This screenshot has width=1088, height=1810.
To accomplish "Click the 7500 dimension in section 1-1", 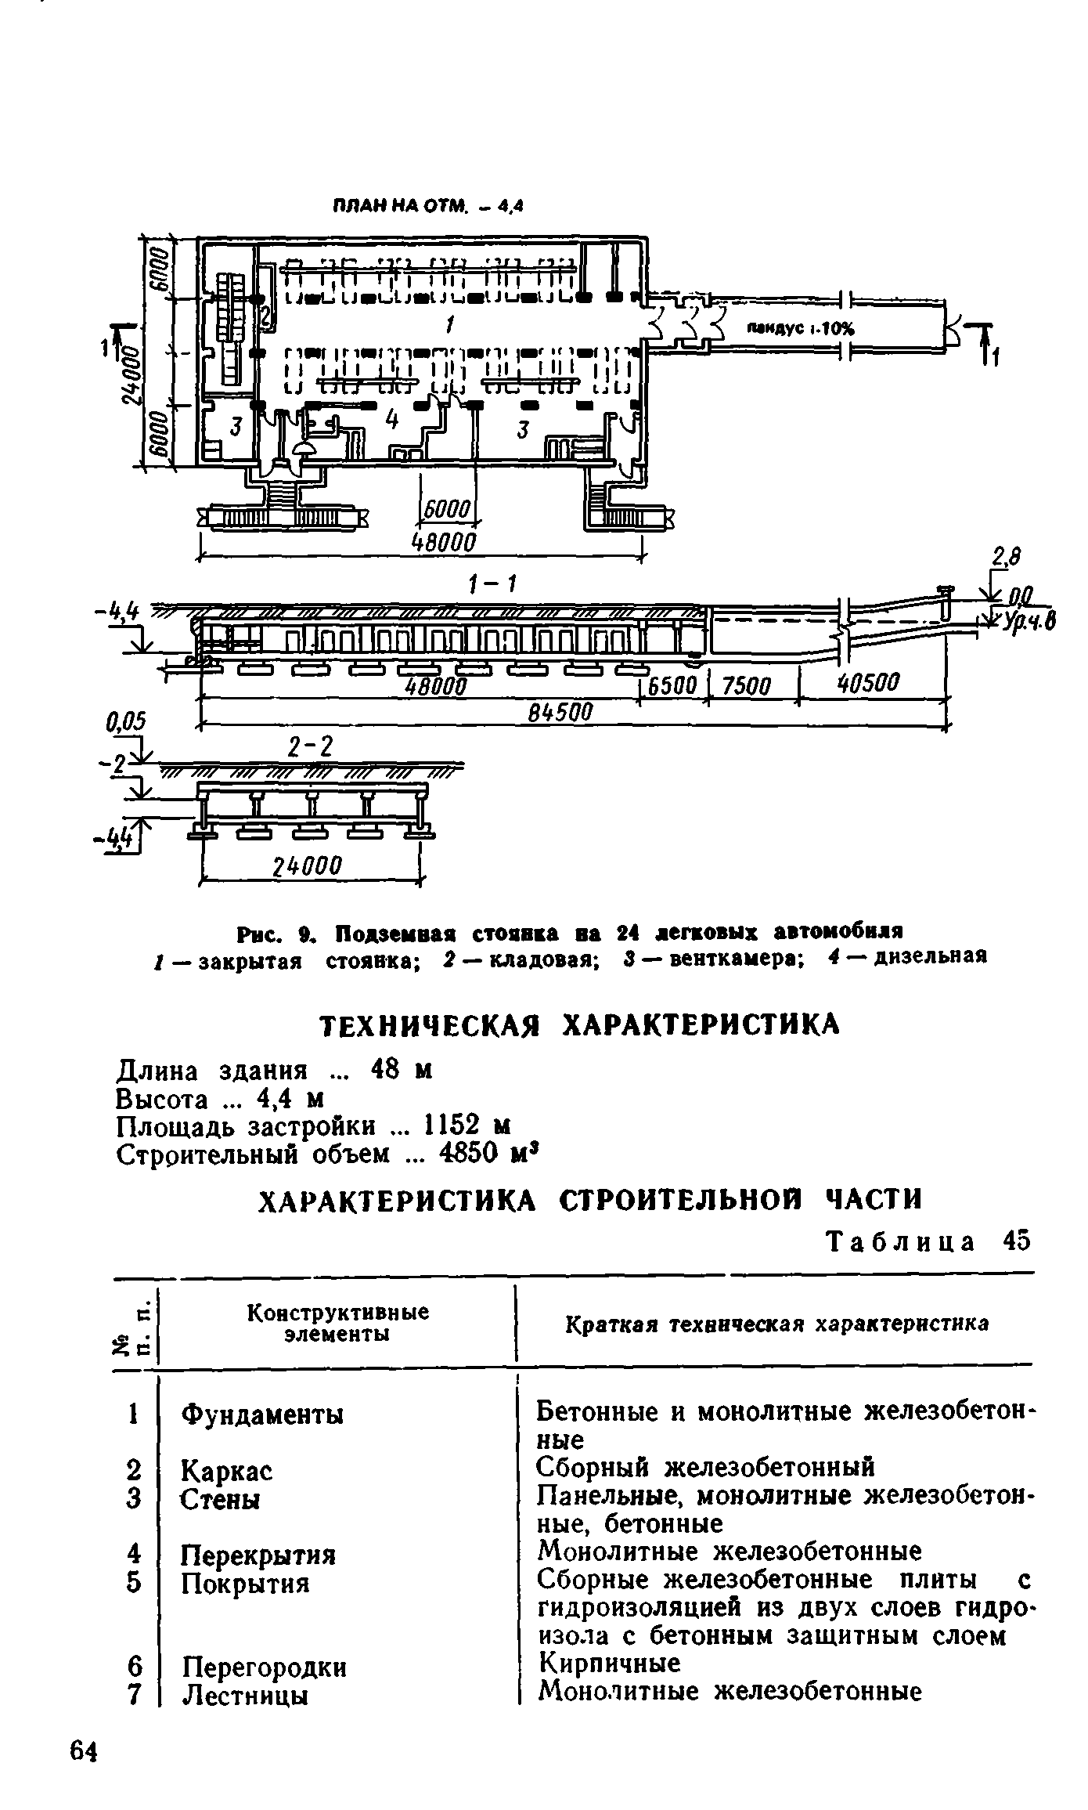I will [x=747, y=686].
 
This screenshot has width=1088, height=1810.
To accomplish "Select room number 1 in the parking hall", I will [x=449, y=323].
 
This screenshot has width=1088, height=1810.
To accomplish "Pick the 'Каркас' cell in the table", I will [x=227, y=1471].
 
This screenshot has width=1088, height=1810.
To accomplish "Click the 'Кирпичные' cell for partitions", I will [x=608, y=1664].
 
